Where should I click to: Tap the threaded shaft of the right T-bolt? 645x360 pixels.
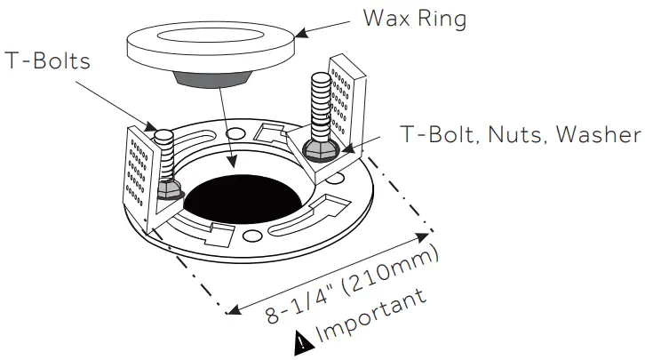(x=321, y=103)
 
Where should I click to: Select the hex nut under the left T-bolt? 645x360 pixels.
(x=165, y=189)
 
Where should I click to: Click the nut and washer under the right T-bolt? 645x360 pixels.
(x=318, y=149)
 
